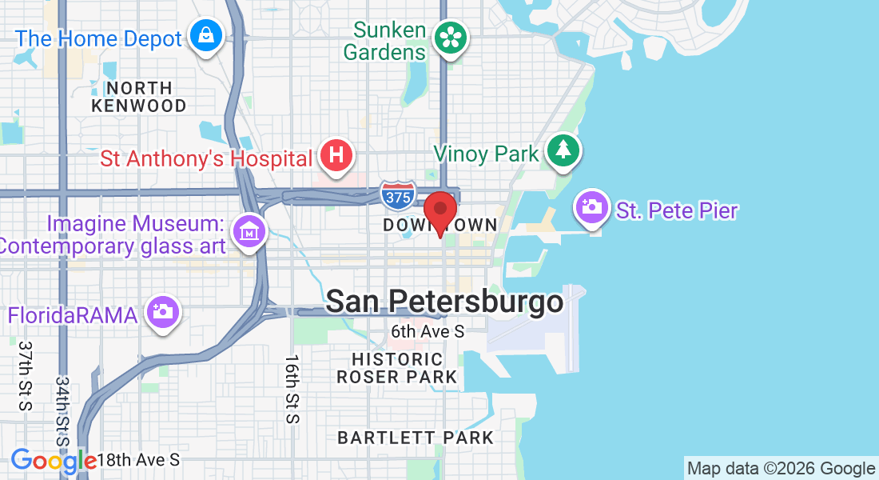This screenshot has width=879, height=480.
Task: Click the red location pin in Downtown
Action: point(439,212)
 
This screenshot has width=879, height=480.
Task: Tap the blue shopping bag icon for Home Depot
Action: point(206,36)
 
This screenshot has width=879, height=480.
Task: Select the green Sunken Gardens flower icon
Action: point(450,38)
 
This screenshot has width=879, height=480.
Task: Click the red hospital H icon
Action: point(336,154)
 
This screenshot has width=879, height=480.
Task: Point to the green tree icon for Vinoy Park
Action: point(563,151)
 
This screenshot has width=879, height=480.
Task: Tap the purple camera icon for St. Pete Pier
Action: point(593,208)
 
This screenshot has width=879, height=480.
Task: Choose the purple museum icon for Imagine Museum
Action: point(248,232)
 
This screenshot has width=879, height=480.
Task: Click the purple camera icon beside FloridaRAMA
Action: point(163,312)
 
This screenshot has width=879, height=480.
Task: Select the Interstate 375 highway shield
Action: point(397,195)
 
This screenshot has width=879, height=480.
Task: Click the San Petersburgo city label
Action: point(444,302)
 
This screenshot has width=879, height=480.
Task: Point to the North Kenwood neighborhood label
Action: point(138,97)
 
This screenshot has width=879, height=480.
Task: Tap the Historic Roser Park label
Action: point(397,368)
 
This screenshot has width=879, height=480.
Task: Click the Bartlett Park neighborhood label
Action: point(416,438)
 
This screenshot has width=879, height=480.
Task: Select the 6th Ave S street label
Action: point(428,330)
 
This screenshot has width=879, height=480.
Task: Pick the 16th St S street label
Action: point(292,389)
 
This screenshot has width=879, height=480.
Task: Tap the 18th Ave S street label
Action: point(138,460)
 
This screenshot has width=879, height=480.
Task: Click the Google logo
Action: point(54,461)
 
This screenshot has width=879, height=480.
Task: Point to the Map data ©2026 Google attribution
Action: point(781,469)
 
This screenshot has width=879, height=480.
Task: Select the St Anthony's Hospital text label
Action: point(206,158)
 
